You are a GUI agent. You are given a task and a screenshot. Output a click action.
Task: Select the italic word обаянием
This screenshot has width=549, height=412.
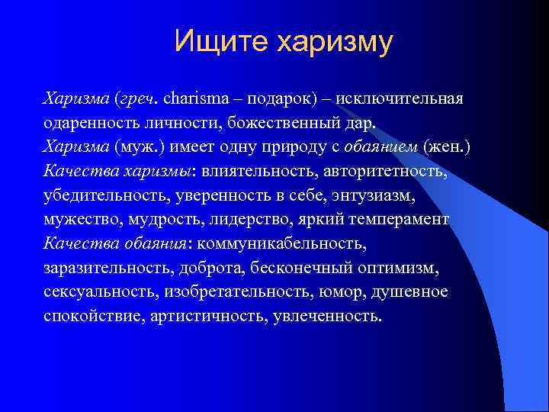coord(374,147)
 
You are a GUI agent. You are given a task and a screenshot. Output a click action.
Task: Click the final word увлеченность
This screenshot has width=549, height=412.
coord(326,317)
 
